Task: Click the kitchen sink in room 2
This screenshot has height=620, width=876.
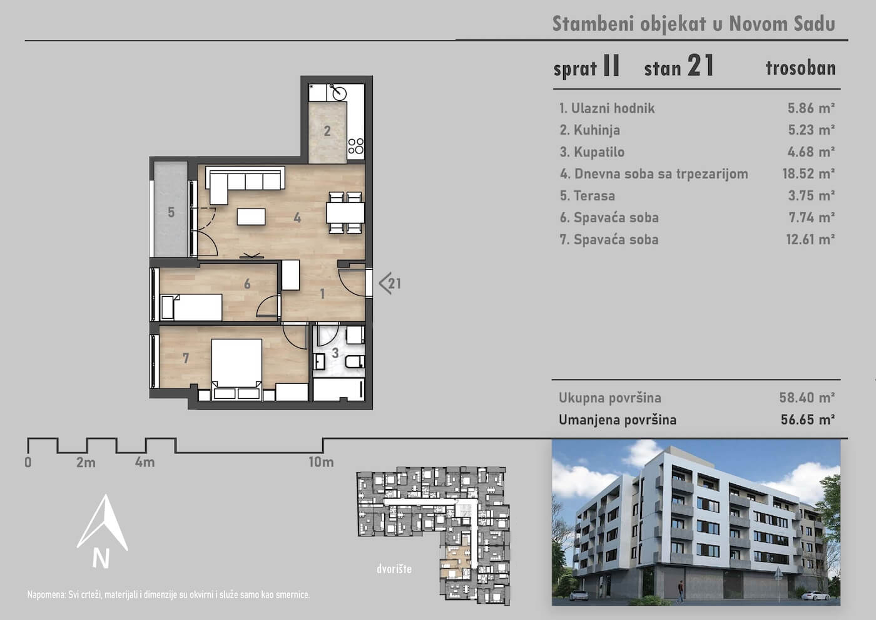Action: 339,93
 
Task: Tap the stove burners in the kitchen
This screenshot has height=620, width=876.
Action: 356,146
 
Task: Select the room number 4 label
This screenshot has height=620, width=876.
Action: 297,218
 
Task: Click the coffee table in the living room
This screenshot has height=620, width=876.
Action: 251,217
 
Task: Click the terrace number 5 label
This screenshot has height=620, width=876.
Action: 171,212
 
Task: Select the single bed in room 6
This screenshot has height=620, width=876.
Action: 191,307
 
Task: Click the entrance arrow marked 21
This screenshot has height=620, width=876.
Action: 390,283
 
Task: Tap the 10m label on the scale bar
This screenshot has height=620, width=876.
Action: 321,462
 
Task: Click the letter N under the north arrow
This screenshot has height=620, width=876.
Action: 101,558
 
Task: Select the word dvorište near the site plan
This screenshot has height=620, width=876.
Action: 394,569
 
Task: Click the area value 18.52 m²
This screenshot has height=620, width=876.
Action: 808,174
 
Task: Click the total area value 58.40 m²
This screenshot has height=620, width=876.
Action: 807,398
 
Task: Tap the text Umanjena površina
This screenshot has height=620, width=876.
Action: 618,420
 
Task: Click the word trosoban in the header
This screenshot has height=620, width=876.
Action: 800,68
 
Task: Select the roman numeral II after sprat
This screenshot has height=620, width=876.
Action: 612,65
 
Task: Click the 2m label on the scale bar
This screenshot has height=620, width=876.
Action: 86,463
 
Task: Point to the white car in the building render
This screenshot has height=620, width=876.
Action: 815,596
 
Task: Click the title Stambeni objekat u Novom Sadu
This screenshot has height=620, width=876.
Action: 694,24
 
